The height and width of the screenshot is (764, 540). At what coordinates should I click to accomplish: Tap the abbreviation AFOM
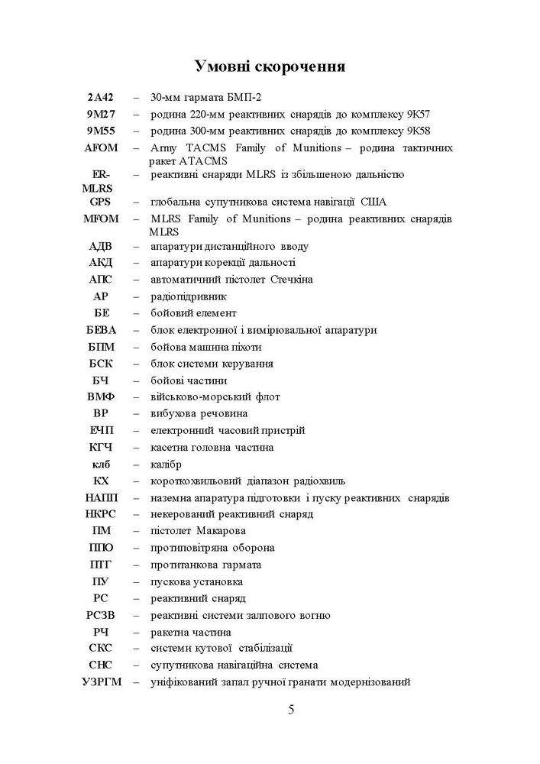tap(101, 147)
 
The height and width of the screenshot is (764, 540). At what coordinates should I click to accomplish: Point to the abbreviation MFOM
tap(101, 219)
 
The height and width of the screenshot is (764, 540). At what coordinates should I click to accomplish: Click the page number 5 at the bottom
tap(291, 709)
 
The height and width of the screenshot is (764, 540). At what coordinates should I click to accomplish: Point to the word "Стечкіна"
tap(292, 280)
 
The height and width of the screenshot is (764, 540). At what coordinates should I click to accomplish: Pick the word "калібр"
tap(167, 464)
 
